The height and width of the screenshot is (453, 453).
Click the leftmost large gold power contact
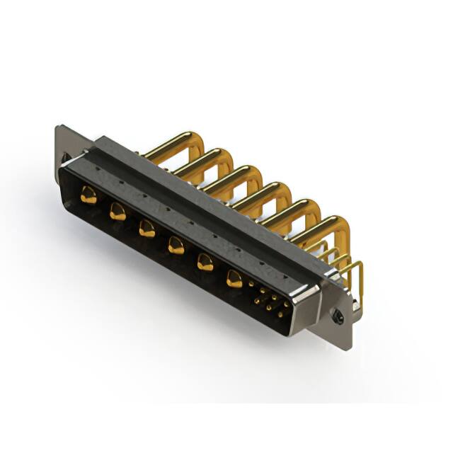(88, 196)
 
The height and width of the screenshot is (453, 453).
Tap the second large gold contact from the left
(117, 212)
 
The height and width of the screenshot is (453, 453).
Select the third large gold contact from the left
(147, 228)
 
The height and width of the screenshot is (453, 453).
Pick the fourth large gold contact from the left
(176, 245)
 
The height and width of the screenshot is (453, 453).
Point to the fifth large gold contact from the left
(205, 262)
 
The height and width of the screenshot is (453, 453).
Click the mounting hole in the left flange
(65, 158)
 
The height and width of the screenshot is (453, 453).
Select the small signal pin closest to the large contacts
(251, 285)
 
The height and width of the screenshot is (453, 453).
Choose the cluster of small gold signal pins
(269, 299)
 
